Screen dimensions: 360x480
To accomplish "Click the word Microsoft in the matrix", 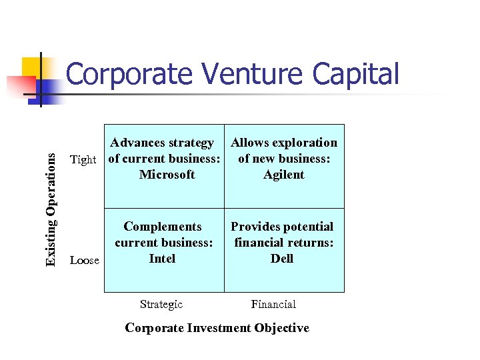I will coord(167,175).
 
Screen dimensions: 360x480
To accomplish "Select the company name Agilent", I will coord(283,175).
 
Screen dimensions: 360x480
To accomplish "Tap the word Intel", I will coord(162,259).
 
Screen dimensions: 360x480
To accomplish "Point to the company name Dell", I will coord(282,259).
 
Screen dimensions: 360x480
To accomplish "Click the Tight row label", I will coord(83,159).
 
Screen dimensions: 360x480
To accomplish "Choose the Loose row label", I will coord(85,261).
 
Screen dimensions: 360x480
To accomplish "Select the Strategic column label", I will coord(161,305).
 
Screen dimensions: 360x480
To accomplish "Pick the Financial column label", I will coord(273,305).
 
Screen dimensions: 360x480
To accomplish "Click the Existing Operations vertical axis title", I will coord(51,199).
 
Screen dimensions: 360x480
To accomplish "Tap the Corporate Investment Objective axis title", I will coord(217,328).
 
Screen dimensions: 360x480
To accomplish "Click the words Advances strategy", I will coord(162,143).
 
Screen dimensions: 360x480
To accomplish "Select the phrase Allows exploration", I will coord(284,143).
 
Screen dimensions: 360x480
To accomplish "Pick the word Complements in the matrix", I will coord(163,227).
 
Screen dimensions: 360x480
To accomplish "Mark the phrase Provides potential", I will coord(282,227).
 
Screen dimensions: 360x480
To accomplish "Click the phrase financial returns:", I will coord(283,243).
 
